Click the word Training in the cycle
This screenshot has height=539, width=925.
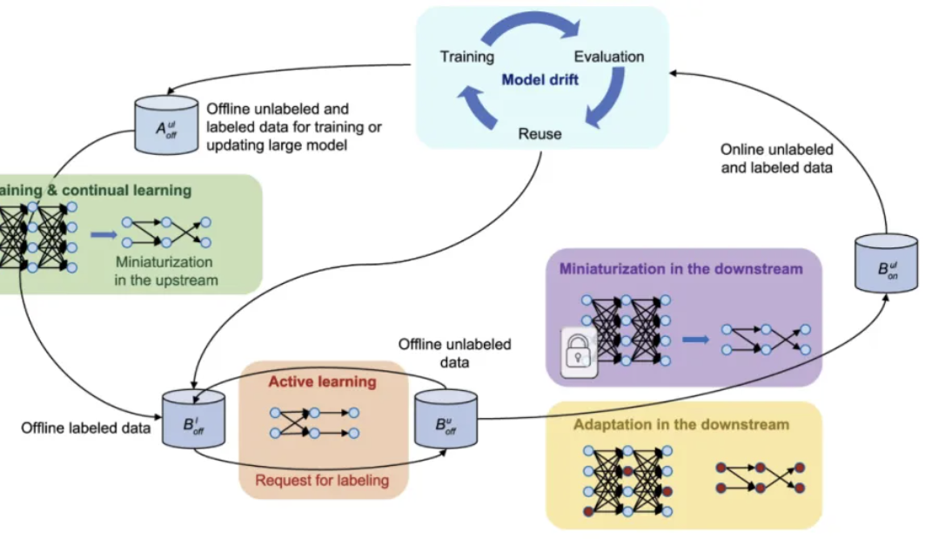[466, 57]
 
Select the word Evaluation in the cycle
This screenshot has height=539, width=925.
[609, 57]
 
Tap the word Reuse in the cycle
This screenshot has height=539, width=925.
[540, 134]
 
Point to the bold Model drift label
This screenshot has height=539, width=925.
[540, 80]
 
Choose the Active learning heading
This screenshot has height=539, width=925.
[322, 381]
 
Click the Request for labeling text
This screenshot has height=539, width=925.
[321, 479]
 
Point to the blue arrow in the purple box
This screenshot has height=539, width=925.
[694, 339]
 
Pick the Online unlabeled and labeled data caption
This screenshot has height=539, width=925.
[776, 158]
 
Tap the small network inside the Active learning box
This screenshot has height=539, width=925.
[314, 422]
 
